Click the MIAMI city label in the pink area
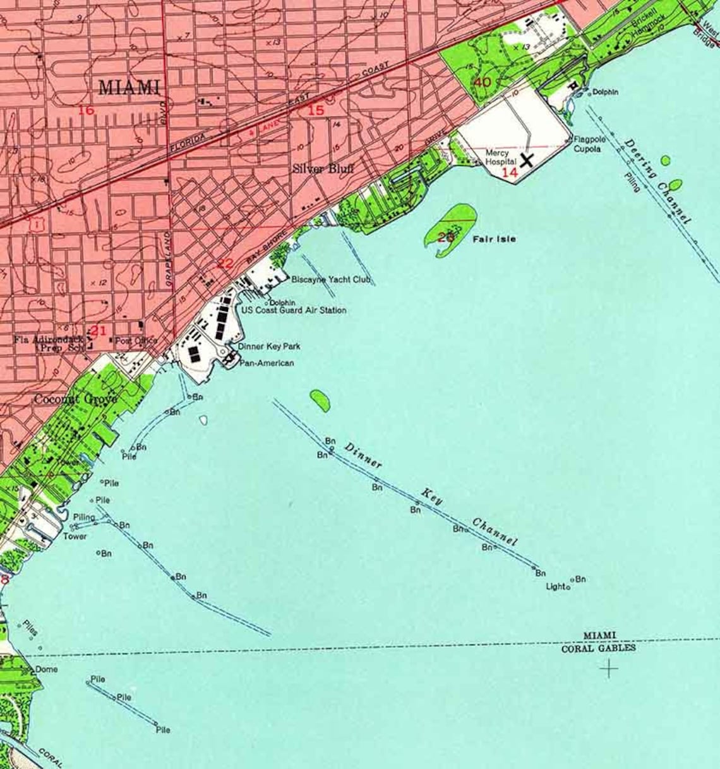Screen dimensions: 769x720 pyautogui.click(x=129, y=87)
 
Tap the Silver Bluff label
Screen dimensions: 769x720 pyautogui.click(x=323, y=169)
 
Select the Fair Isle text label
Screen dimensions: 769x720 pyautogui.click(x=494, y=239)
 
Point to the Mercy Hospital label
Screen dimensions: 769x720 pyautogui.click(x=500, y=157)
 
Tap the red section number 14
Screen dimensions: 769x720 pyautogui.click(x=509, y=172)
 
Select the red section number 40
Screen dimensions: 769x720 pyautogui.click(x=482, y=82)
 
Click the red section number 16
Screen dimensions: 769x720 pyautogui.click(x=86, y=111)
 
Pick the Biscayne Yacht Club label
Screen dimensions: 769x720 pyautogui.click(x=331, y=279)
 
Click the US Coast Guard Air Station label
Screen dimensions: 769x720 pyautogui.click(x=294, y=310)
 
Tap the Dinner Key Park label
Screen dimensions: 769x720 pyautogui.click(x=269, y=346)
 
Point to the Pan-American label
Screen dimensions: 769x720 pyautogui.click(x=266, y=363)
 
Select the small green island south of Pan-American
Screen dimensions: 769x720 pyautogui.click(x=320, y=401)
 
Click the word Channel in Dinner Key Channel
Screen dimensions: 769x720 pyautogui.click(x=495, y=532)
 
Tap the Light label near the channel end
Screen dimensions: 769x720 pyautogui.click(x=556, y=586)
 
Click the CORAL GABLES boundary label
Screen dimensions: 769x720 pyautogui.click(x=598, y=648)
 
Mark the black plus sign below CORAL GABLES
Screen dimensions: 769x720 pyautogui.click(x=609, y=669)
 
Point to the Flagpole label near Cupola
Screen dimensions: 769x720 pyautogui.click(x=589, y=139)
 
